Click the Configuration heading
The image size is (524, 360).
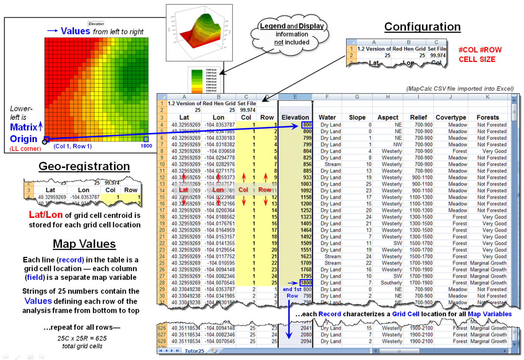click(x=422, y=27)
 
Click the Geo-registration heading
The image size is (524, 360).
click(x=84, y=166)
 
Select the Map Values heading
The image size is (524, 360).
click(x=84, y=244)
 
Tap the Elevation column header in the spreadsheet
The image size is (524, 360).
click(x=295, y=117)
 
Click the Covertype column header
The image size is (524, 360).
click(x=450, y=117)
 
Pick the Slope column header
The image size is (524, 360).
click(x=357, y=117)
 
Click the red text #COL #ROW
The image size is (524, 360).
click(x=480, y=50)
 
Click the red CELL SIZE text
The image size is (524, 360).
click(x=477, y=59)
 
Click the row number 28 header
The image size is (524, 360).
click(x=161, y=282)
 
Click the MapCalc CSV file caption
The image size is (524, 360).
click(x=459, y=89)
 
